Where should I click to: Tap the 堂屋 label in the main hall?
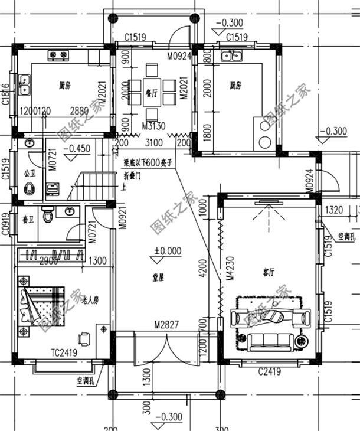158,276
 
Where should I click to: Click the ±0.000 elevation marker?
168,251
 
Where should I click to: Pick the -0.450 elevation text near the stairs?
76,149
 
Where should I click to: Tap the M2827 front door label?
166,325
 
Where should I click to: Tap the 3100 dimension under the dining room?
153,143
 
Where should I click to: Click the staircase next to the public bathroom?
94,183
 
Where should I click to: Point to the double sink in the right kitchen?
231,57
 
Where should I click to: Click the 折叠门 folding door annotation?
133,176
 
